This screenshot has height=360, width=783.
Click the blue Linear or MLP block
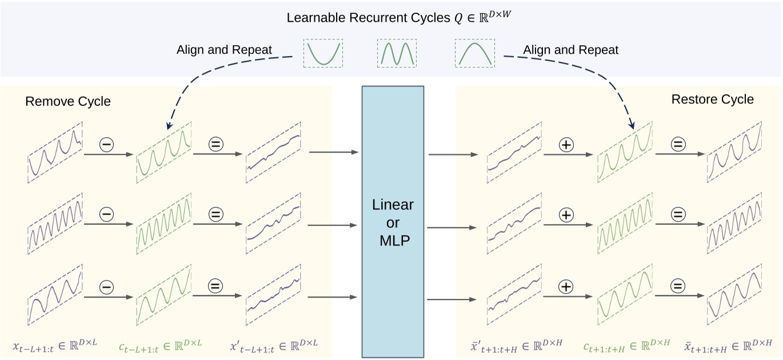click(x=393, y=221)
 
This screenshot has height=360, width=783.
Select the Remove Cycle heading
click(x=68, y=102)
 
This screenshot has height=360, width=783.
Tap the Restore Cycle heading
click(x=712, y=99)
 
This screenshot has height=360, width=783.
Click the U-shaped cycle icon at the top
click(x=323, y=53)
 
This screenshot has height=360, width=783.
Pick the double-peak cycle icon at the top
click(x=397, y=53)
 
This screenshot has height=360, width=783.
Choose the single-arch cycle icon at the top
click(x=474, y=53)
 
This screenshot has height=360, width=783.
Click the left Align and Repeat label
click(x=224, y=50)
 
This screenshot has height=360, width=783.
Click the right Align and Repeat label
click(x=570, y=50)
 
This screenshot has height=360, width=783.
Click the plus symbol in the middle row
click(x=566, y=215)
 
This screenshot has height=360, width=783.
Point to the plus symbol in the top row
click(x=566, y=145)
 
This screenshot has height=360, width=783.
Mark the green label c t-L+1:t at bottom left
click(x=160, y=346)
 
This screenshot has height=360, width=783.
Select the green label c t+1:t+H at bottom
click(x=626, y=346)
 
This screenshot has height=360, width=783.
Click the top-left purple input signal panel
click(x=55, y=152)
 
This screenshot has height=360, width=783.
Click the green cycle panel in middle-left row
click(x=163, y=223)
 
